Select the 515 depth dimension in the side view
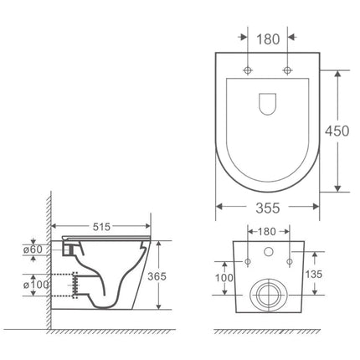click(x=103, y=227)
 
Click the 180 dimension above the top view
click(x=268, y=39)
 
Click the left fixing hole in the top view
click(x=249, y=68)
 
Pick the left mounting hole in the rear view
click(x=249, y=260)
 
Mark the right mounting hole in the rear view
click(x=289, y=260)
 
